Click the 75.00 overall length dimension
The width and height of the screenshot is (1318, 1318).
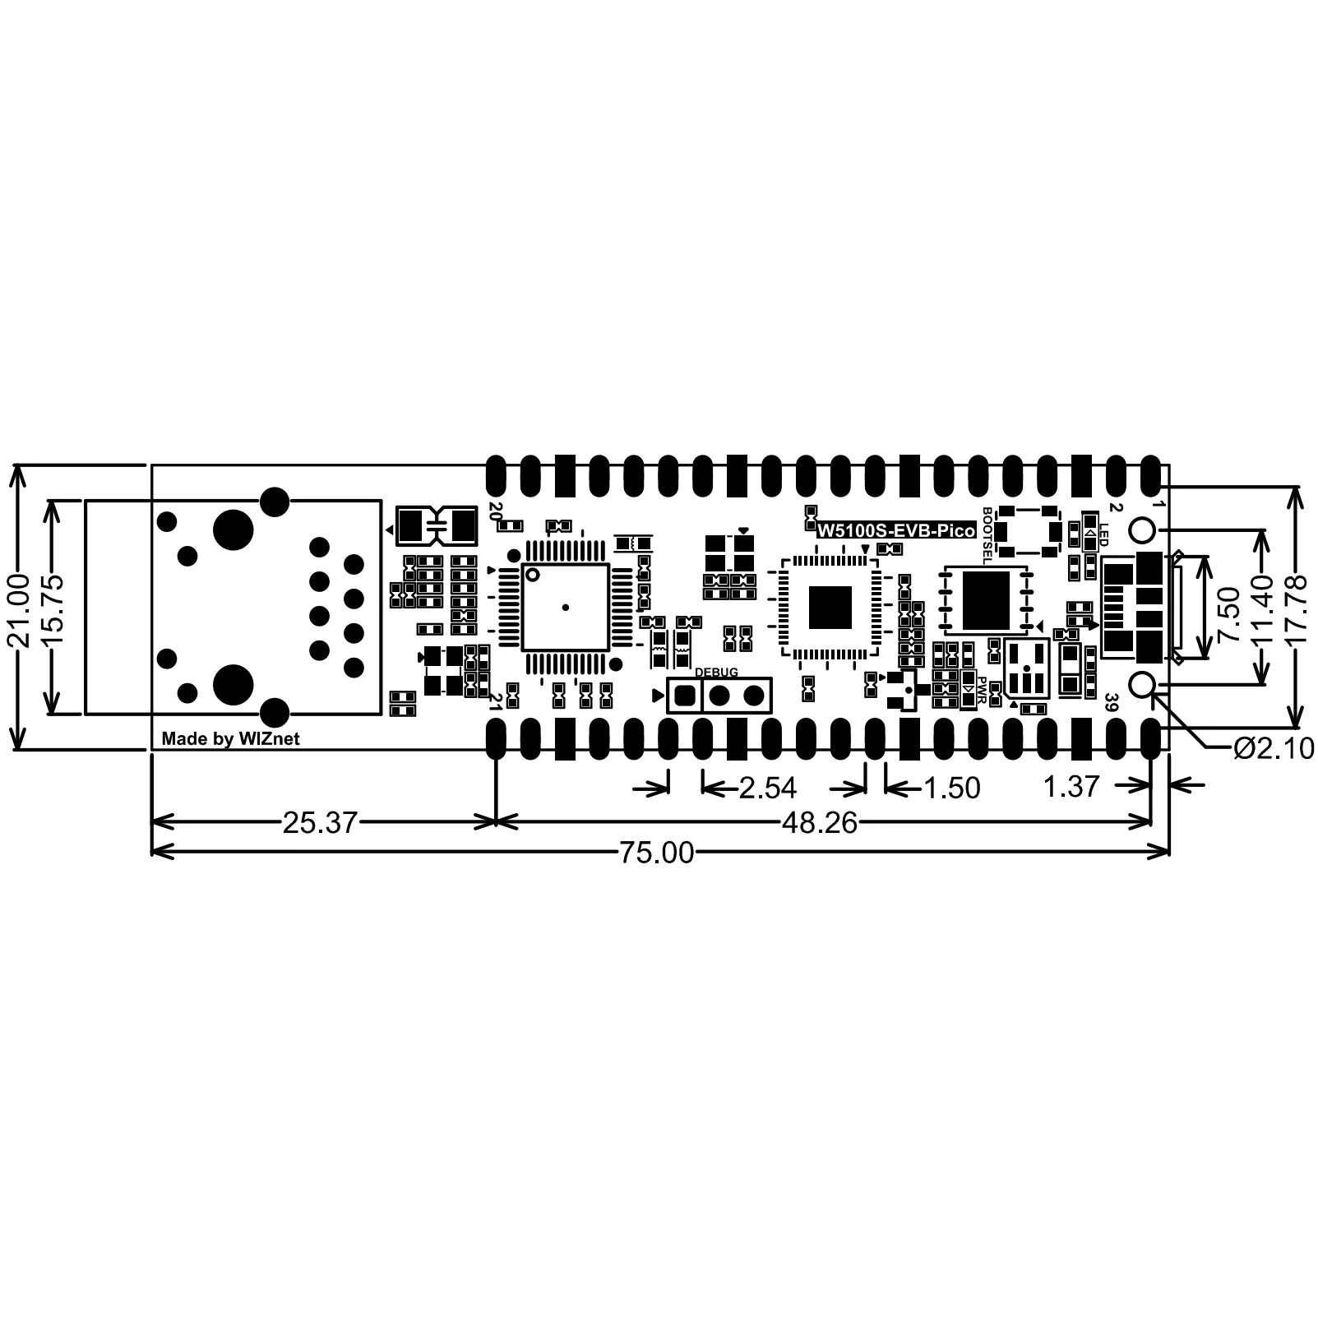tap(657, 853)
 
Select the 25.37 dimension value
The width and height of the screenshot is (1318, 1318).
tap(320, 821)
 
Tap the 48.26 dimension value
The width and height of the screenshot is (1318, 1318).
tap(820, 821)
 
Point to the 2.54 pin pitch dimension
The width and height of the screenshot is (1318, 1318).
tap(768, 788)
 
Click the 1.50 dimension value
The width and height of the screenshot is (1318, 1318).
tap(952, 788)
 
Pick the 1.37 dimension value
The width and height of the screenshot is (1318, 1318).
tap(1071, 787)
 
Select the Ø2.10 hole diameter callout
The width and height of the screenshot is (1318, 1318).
tap(1274, 748)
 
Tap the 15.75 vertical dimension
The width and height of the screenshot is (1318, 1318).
tap(53, 608)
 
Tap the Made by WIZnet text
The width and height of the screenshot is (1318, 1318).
tap(230, 739)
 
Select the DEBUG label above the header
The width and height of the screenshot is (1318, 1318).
tap(716, 673)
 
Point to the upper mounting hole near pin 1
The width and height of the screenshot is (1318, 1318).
tap(1143, 530)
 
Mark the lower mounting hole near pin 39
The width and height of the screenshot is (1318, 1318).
tap(1143, 685)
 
